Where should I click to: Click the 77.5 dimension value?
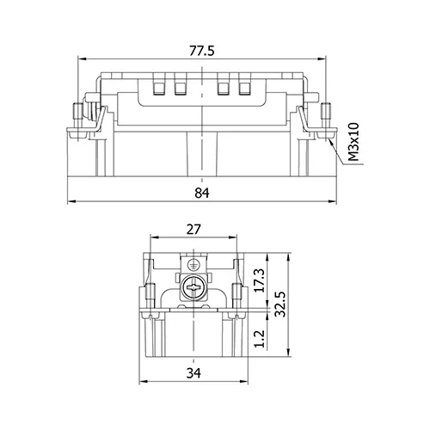[201, 51]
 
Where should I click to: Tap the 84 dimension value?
[202, 193]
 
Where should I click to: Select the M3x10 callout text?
[353, 142]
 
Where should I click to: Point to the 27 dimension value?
[193, 230]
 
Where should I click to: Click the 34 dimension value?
[193, 373]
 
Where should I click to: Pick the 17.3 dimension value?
[260, 280]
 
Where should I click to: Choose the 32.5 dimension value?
[280, 304]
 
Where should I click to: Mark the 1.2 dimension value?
[260, 339]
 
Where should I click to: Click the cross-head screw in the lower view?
[193, 287]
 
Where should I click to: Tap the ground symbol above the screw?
[192, 265]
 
